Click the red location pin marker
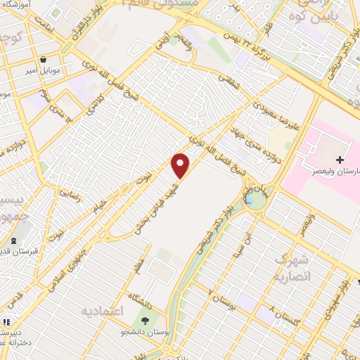tap(181, 166)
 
